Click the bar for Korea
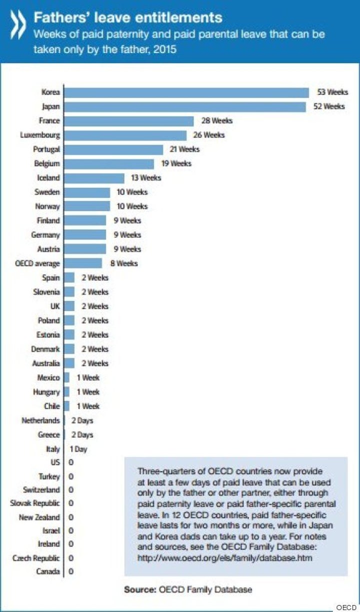(186, 93)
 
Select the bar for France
(129, 121)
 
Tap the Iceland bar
(94, 178)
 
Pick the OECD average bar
(83, 263)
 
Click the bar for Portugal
(114, 150)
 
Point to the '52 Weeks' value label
(329, 107)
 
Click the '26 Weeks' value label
(209, 135)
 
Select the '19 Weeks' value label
(175, 164)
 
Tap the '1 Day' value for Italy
(78, 449)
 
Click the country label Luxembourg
(40, 135)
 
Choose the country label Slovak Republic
(35, 503)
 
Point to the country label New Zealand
(39, 517)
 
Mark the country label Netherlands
(41, 421)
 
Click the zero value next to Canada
(71, 571)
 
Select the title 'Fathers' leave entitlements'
(127, 18)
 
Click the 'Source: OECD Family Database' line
(188, 590)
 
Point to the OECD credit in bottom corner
(346, 607)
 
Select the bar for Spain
(69, 278)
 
